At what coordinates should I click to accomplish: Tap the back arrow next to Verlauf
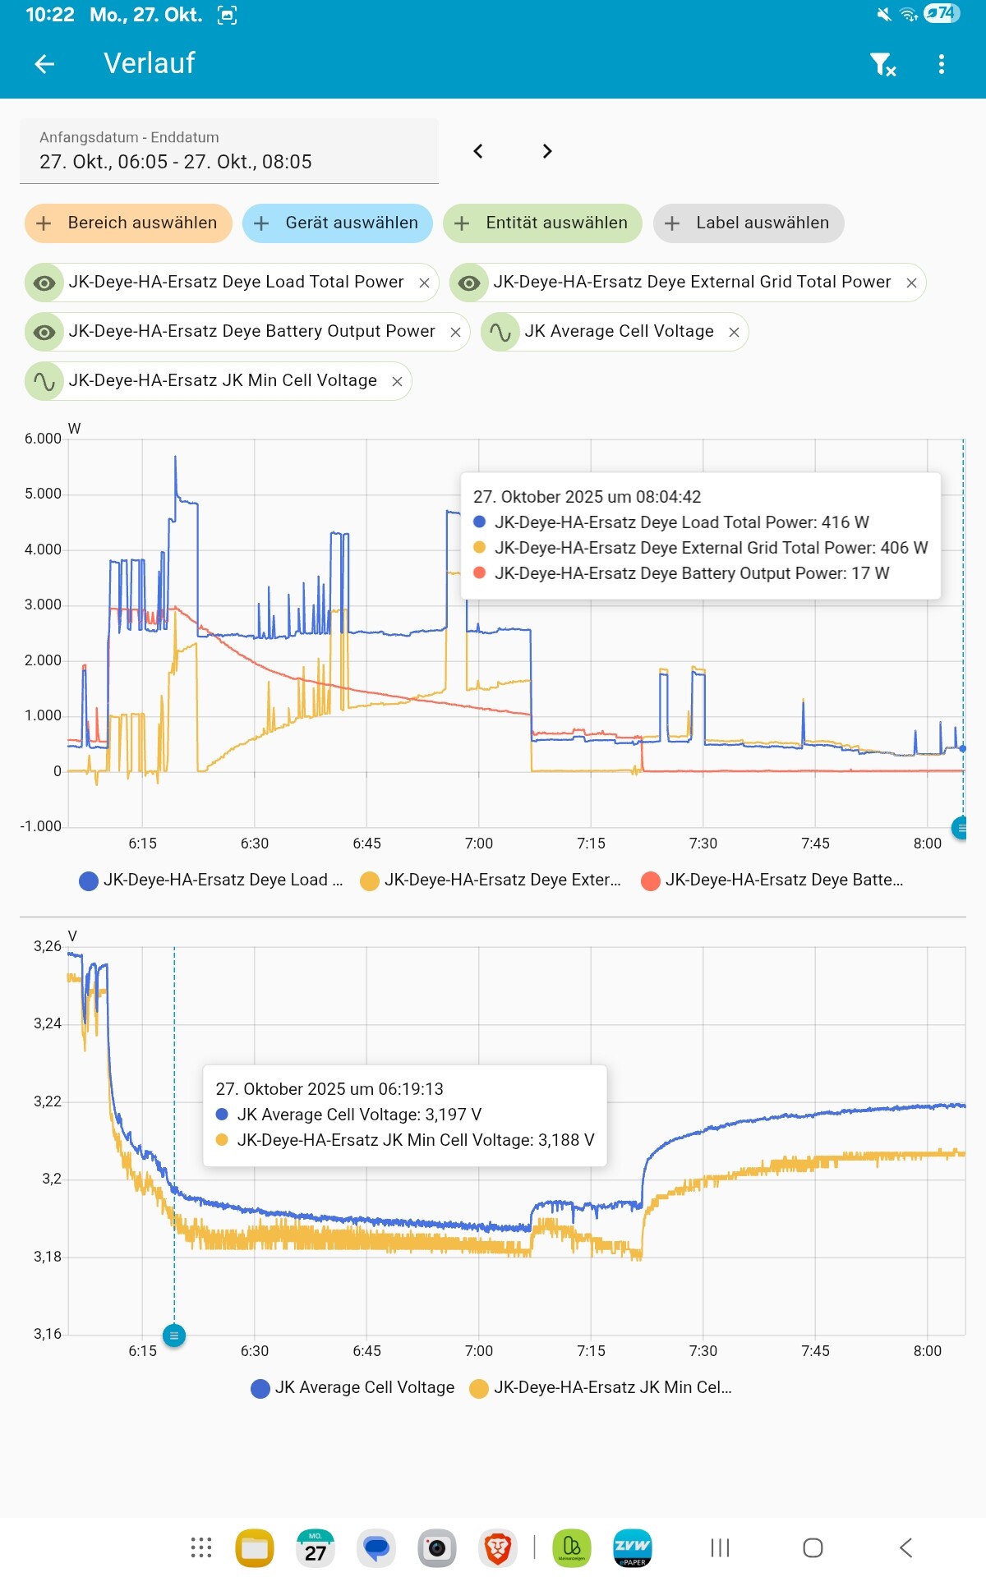45,64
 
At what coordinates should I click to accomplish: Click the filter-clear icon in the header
882,64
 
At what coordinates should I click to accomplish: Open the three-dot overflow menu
942,64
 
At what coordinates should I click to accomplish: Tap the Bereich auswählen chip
128,223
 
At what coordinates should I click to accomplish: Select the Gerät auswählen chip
337,223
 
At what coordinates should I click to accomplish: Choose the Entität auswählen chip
542,223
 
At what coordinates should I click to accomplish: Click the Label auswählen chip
749,223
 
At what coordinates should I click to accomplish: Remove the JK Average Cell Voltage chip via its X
735,333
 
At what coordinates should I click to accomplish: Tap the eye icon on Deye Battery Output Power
44,333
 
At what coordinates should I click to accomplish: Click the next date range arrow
547,151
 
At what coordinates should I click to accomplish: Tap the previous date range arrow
478,151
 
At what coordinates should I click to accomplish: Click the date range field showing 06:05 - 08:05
228,151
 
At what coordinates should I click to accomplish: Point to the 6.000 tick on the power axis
43,439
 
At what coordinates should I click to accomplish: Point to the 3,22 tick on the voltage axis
48,1101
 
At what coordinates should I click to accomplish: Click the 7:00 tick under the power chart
479,844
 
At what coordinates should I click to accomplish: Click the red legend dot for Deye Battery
651,880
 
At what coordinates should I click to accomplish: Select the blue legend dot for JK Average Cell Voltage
260,1388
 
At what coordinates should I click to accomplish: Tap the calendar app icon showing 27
316,1548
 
